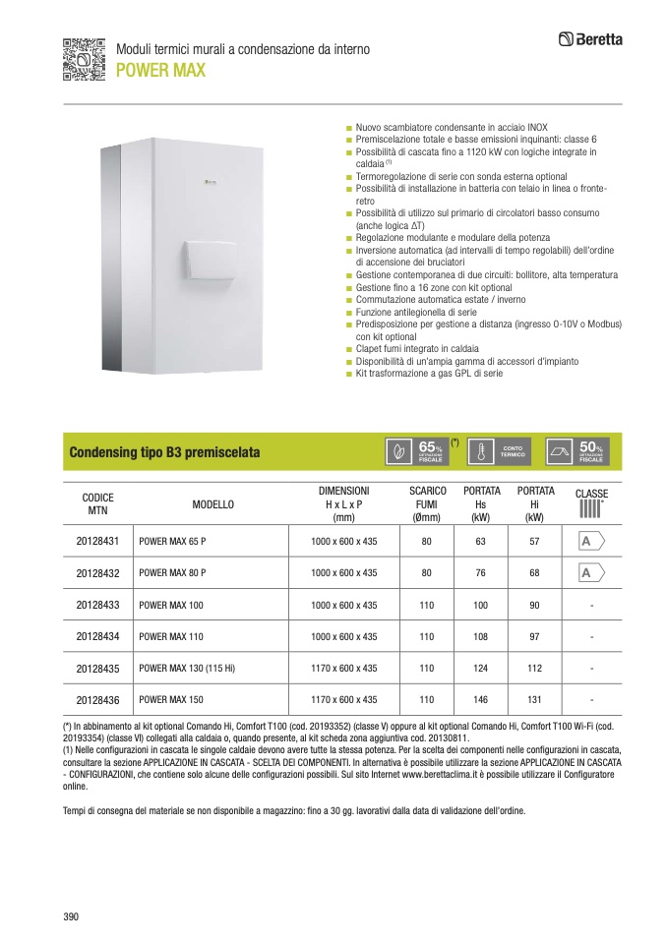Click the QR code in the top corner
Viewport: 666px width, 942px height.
[x=84, y=58]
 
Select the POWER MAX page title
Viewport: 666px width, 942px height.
[x=160, y=70]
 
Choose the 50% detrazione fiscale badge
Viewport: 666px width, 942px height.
[x=577, y=450]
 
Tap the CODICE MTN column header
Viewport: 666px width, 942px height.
[x=97, y=503]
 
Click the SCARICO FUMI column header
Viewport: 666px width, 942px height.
[x=428, y=503]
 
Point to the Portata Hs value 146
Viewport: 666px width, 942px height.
[x=481, y=700]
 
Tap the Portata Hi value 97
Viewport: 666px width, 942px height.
[x=535, y=636]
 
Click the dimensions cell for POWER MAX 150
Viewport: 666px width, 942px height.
[x=343, y=700]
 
